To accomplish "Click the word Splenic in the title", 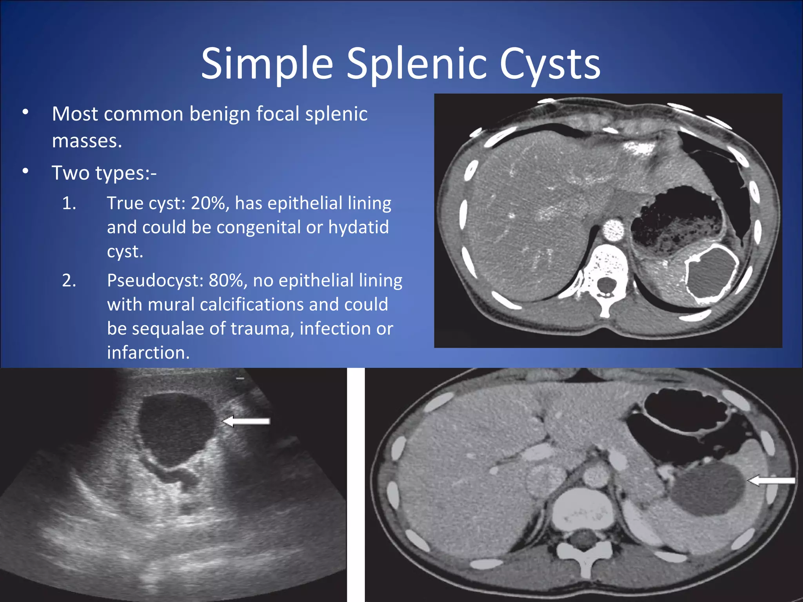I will [x=417, y=63].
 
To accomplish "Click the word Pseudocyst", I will [x=155, y=281].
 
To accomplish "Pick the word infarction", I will [x=148, y=353].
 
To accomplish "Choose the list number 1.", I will [x=69, y=203].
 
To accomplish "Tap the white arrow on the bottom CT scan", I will [x=771, y=481].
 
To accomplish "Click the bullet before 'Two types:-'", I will [x=25, y=171].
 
